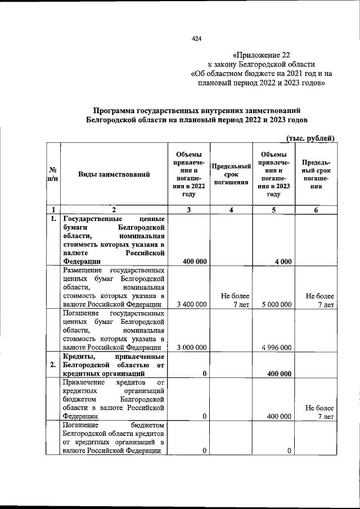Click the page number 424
[x=196, y=39]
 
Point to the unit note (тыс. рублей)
[x=310, y=138]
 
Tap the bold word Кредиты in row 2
[x=79, y=357]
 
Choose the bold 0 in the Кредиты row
[x=204, y=373]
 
